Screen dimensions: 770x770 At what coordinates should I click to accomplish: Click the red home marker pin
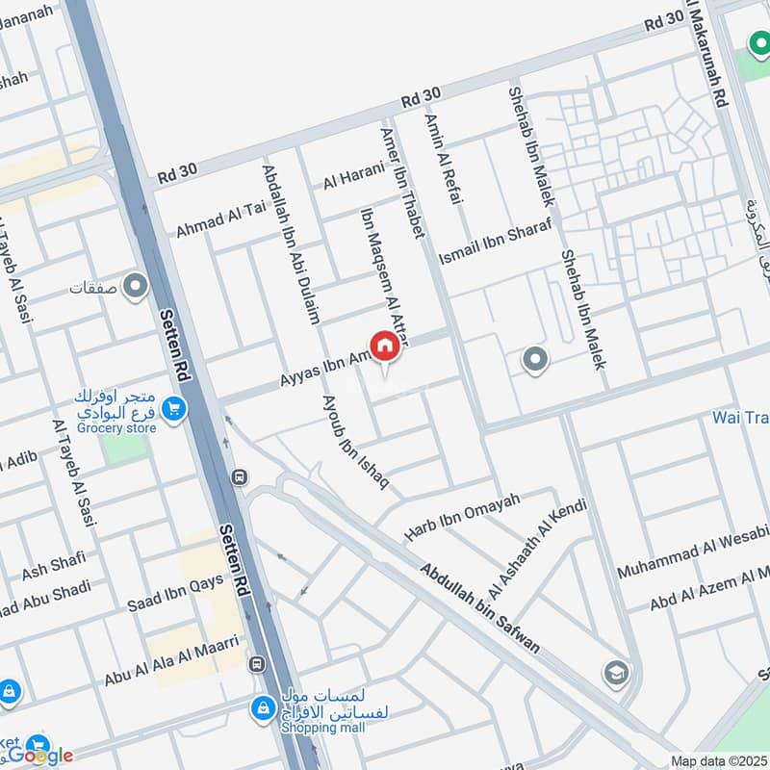click(x=384, y=346)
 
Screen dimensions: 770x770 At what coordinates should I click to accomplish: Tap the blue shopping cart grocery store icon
click(x=174, y=409)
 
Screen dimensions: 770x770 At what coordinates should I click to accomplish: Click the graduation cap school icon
click(x=615, y=672)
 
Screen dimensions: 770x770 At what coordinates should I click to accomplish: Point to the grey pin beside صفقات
click(x=136, y=287)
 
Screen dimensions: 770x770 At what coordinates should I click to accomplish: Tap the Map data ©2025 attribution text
click(x=720, y=760)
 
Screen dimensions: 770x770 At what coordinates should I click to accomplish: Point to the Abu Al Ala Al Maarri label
click(x=173, y=665)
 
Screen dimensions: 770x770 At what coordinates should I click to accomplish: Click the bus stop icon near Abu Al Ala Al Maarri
click(x=257, y=663)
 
